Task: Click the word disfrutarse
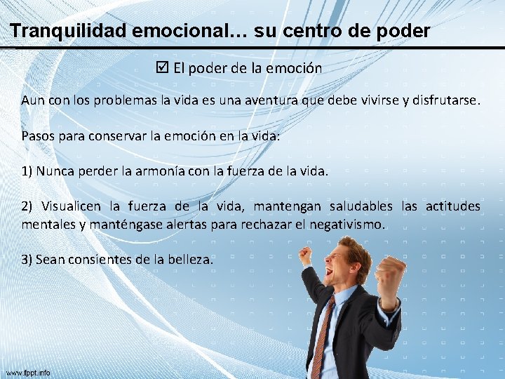[x=444, y=101]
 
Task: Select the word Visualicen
[x=73, y=206]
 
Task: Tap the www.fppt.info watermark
[x=28, y=373]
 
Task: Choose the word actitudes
[x=452, y=206]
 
